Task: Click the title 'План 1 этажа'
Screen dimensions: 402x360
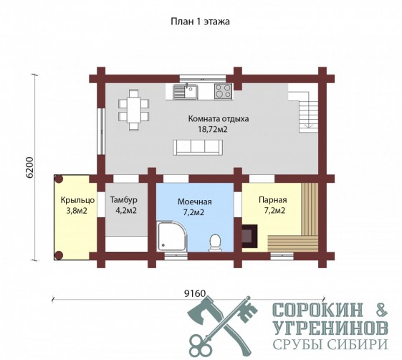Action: tap(200, 22)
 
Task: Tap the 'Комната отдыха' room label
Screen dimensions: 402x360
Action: tap(219, 119)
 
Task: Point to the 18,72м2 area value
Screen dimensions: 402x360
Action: tap(213, 129)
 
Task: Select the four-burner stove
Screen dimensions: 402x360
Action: tap(223, 91)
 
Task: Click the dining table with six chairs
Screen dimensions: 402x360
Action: tap(133, 110)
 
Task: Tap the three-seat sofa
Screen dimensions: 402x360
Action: tap(198, 147)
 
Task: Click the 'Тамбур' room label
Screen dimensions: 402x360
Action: tap(123, 200)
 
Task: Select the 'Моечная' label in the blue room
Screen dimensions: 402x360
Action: tap(195, 202)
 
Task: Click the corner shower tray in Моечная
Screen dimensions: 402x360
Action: tap(172, 237)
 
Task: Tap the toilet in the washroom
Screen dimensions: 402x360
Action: tap(216, 242)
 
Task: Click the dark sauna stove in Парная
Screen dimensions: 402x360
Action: tap(249, 236)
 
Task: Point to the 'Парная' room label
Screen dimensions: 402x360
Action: tap(273, 200)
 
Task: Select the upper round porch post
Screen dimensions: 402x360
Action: tap(59, 179)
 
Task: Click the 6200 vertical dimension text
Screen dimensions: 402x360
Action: tap(30, 167)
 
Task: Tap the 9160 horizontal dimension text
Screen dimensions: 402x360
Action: tap(195, 293)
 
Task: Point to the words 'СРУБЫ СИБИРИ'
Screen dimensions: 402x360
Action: tap(330, 344)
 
